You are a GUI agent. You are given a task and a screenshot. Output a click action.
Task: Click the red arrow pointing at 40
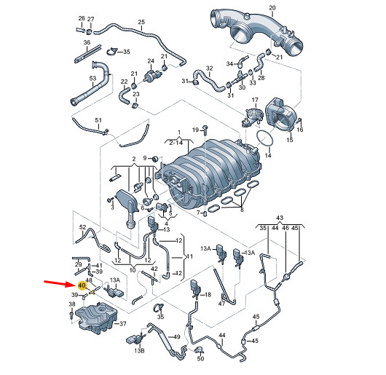(x=59, y=283)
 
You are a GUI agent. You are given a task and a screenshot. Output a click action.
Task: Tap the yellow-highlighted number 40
(x=82, y=286)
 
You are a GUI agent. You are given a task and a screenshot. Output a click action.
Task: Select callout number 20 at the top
(x=272, y=8)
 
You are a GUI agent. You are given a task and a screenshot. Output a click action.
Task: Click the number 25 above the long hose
(x=141, y=22)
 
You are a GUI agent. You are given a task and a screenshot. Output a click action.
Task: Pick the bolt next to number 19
(x=205, y=130)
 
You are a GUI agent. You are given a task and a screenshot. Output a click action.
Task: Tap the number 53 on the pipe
(x=92, y=79)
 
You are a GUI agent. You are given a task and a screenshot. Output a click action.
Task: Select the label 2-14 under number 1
(x=176, y=143)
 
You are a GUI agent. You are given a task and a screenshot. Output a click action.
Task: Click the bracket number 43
(x=280, y=218)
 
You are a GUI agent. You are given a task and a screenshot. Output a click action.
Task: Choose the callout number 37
(x=122, y=323)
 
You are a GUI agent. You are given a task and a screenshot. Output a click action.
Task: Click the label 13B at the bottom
(x=139, y=350)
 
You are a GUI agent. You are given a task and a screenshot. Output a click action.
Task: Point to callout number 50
(x=200, y=358)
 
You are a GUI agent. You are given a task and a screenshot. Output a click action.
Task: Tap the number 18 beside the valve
(x=208, y=294)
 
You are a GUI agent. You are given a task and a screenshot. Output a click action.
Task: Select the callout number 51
(x=98, y=120)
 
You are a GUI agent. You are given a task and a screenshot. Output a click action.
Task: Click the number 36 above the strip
(x=87, y=42)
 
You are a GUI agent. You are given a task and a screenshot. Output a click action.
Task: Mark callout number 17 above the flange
(x=255, y=100)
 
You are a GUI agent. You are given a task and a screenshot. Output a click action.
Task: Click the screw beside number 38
(x=71, y=315)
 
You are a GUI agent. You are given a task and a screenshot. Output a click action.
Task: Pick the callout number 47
(x=221, y=304)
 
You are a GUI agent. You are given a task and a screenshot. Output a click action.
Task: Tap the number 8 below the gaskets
(x=242, y=210)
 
